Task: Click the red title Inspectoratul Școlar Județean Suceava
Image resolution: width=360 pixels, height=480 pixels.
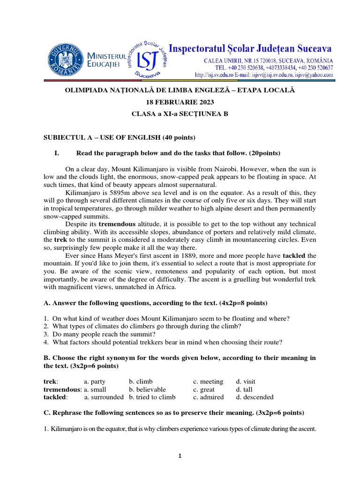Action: [250, 49]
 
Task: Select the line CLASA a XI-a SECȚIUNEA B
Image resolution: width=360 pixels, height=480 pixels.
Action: [180, 114]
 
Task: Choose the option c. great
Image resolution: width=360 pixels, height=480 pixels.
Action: [204, 390]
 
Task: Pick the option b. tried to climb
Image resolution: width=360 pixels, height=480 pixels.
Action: [152, 397]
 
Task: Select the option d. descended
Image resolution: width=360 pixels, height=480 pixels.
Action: [255, 397]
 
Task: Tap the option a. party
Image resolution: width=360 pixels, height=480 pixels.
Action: [95, 382]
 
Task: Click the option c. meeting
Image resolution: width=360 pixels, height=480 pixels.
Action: [208, 382]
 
